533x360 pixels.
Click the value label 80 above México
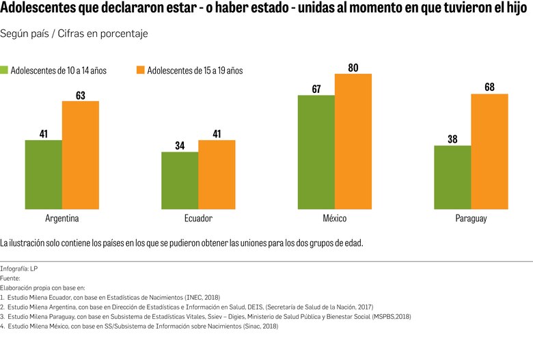point(353,68)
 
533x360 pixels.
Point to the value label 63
point(81,95)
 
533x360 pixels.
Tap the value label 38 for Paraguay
point(452,139)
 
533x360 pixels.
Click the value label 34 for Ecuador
point(180,146)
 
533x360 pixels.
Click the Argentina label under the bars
point(62,219)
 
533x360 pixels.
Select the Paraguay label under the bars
point(471,219)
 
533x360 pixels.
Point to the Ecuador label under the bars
point(198,219)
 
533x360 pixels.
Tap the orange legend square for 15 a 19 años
point(141,70)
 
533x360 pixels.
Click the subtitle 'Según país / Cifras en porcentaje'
point(74,33)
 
